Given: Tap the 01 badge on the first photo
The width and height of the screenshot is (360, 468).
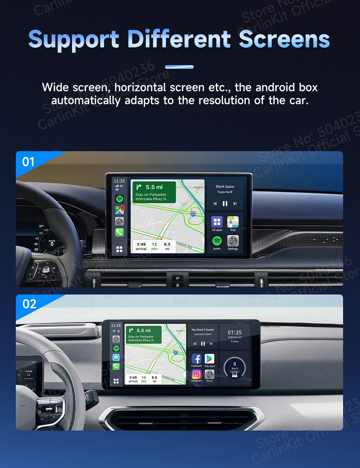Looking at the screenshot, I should pos(28,162).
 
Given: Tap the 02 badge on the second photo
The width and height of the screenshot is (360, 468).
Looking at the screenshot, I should pos(29,304).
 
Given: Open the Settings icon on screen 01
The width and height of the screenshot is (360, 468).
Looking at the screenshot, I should pos(233,241).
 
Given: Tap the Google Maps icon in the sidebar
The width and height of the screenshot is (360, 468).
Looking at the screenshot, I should pos(120,210).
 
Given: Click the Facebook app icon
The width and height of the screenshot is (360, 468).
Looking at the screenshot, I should pos(196,359).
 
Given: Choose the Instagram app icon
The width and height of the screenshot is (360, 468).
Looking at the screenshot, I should pos(196,374).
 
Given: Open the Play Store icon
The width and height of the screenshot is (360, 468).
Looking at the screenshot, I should pos(210,359).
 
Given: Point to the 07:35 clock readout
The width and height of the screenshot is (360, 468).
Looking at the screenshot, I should pos(235,333).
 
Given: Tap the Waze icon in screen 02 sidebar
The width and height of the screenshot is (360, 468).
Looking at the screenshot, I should pos(116,357).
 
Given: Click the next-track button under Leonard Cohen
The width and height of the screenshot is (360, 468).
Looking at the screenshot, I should pos(211,344).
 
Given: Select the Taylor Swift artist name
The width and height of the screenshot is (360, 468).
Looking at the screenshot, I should pos(225,192).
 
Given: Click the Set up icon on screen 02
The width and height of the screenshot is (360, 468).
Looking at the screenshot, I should pos(210,374).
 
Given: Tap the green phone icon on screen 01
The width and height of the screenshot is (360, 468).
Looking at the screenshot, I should pos(120,232).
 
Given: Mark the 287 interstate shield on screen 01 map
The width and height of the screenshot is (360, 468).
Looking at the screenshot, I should pos(193,214).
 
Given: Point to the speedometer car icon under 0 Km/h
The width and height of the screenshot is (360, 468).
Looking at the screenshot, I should pos(235,375).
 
